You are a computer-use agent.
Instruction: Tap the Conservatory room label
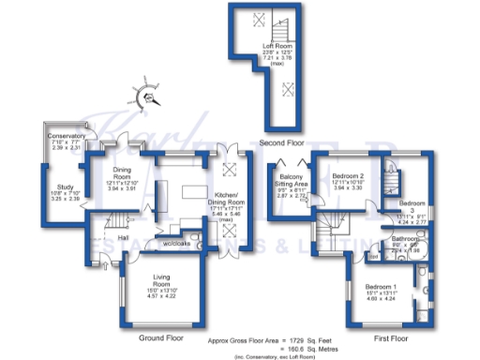(x=66, y=137)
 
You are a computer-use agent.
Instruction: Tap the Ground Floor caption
(x=158, y=334)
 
